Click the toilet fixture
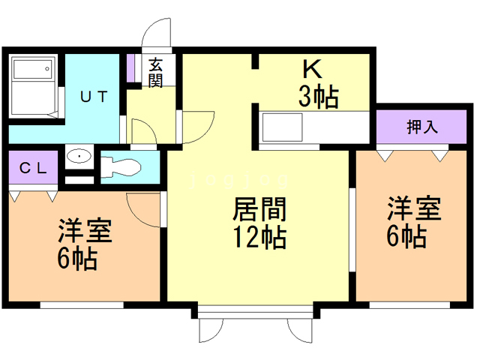121,167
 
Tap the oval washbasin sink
79,157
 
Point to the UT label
94,97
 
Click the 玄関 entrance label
155,73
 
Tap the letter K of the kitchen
312,69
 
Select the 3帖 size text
319,97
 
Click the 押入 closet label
421,127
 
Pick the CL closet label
33,168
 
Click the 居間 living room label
259,209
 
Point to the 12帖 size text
259,237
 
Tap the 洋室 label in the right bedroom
414,208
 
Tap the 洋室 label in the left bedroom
85,231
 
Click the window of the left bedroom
82,305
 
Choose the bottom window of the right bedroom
409,305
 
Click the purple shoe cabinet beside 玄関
131,68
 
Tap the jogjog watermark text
239,180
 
